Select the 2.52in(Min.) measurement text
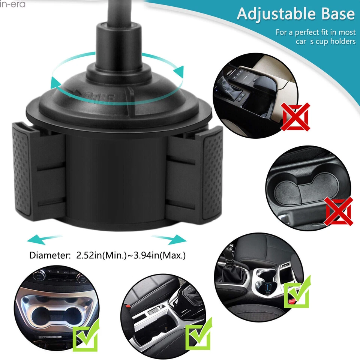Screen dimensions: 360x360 coord(102,256)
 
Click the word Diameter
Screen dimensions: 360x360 coord(50,256)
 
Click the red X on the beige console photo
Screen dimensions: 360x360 coord(296,116)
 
